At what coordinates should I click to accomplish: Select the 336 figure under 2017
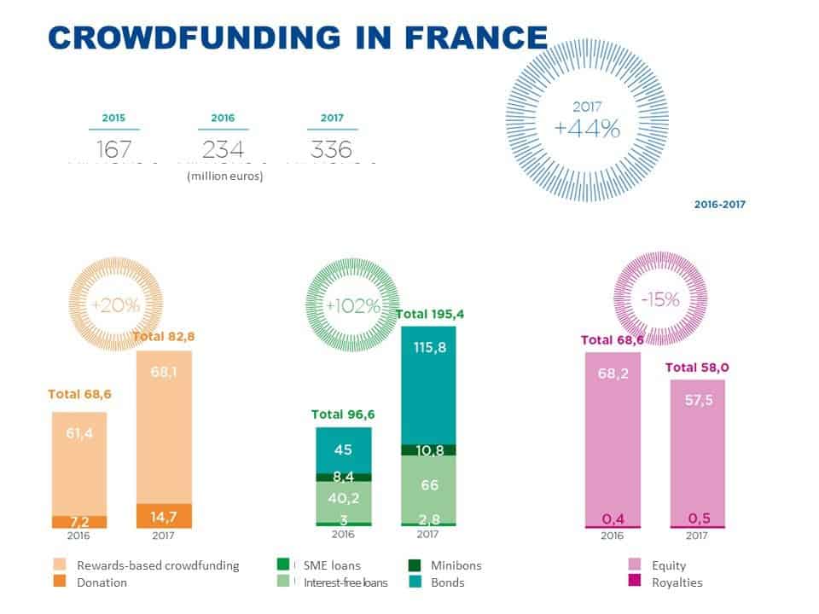[x=332, y=150]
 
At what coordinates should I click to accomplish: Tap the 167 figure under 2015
[x=113, y=150]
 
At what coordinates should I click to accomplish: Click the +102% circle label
[x=351, y=306]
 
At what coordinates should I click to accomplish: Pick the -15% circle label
[x=660, y=299]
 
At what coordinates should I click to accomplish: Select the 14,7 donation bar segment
[x=164, y=516]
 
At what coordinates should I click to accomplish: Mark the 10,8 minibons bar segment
[x=428, y=449]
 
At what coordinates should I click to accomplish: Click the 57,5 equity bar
[x=698, y=452]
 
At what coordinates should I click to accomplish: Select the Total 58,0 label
[x=697, y=368]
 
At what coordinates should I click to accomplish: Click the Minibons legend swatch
[x=415, y=565]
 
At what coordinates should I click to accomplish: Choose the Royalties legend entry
[x=677, y=582]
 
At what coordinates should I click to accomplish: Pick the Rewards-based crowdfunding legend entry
[x=158, y=565]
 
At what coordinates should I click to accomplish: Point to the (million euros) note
[x=224, y=177]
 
